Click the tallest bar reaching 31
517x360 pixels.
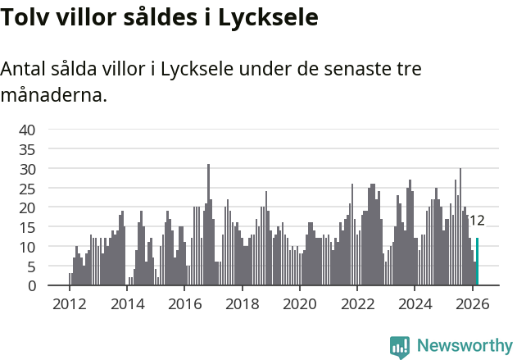208,226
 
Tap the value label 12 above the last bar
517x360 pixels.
477,221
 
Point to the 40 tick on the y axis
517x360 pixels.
27,130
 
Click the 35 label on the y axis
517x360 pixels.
27,149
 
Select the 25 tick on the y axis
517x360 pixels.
27,188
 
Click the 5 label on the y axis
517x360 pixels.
31,267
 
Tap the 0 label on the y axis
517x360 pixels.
31,286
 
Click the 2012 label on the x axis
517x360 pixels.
69,304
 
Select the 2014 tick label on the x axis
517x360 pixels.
126,304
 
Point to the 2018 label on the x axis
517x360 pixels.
242,304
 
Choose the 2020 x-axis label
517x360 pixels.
299,304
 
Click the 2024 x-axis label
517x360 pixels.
415,304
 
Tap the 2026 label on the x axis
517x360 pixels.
472,304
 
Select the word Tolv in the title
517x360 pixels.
24,16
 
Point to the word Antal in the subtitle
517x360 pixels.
25,70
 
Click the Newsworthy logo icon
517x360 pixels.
400,347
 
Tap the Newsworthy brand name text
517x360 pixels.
465,347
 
